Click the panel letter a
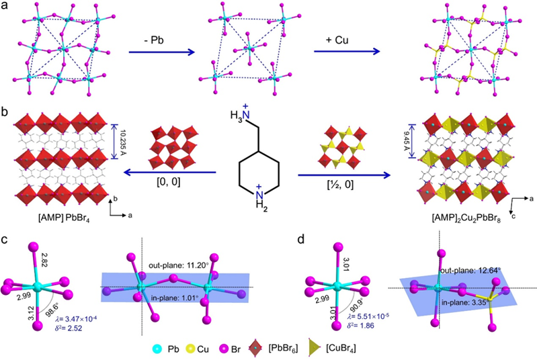(6, 8)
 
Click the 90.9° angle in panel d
(349, 293)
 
